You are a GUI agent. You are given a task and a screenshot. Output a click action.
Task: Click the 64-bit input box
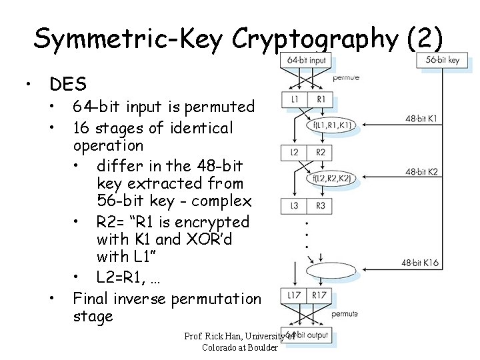pos(307,60)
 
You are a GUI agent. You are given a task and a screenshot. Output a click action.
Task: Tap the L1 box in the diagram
pos(295,100)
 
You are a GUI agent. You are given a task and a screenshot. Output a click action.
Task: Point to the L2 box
pos(295,153)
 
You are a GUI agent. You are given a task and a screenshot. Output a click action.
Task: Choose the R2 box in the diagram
pos(320,153)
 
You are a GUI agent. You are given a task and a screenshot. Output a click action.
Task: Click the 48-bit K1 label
pos(421,119)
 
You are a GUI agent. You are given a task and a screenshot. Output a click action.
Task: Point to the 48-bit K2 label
pos(421,172)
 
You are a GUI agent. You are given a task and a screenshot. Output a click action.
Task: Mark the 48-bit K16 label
pos(420,263)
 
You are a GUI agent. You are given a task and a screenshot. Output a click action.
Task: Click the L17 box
pos(294,295)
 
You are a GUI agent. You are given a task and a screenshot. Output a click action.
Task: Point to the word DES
pos(68,85)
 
